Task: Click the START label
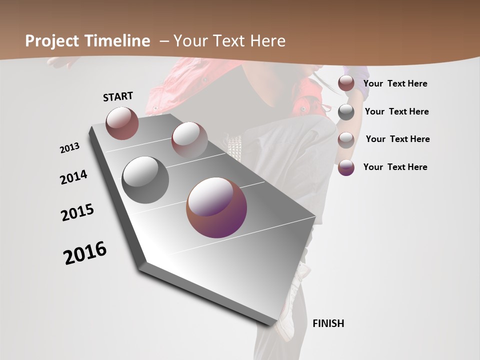point(118,96)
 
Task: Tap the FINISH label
point(328,323)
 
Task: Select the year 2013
point(70,147)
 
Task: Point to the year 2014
point(74,177)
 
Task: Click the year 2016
point(85,253)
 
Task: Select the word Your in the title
point(190,41)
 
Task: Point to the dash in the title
point(164,41)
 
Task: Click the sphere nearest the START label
point(122,123)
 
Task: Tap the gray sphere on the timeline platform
point(145,180)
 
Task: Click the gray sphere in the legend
point(346,112)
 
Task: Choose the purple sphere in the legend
point(346,167)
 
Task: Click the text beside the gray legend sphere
point(396,111)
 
